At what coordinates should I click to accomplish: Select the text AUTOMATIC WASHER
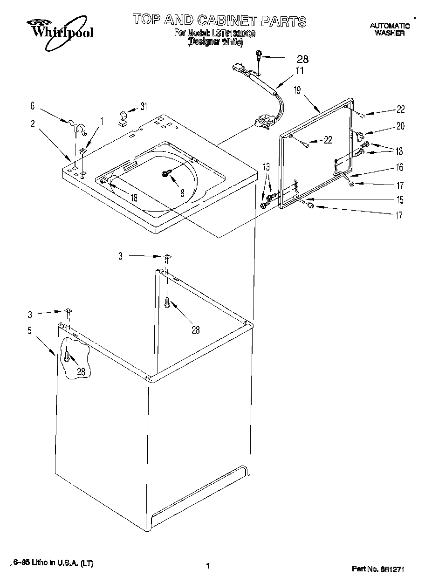click(390, 30)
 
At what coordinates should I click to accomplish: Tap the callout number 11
click(299, 71)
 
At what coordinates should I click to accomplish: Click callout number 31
click(144, 106)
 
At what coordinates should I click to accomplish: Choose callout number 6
click(33, 106)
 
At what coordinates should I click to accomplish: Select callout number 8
click(182, 192)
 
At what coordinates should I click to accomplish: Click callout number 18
click(134, 198)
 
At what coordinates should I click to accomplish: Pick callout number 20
click(401, 126)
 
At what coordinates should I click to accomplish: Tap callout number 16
click(400, 168)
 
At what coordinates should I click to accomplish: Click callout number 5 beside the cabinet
click(30, 331)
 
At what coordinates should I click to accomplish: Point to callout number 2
click(33, 123)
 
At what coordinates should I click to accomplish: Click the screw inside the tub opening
click(165, 173)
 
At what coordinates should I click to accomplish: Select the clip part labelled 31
click(123, 118)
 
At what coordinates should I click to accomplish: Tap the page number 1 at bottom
click(207, 566)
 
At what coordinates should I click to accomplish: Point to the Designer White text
click(215, 42)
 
